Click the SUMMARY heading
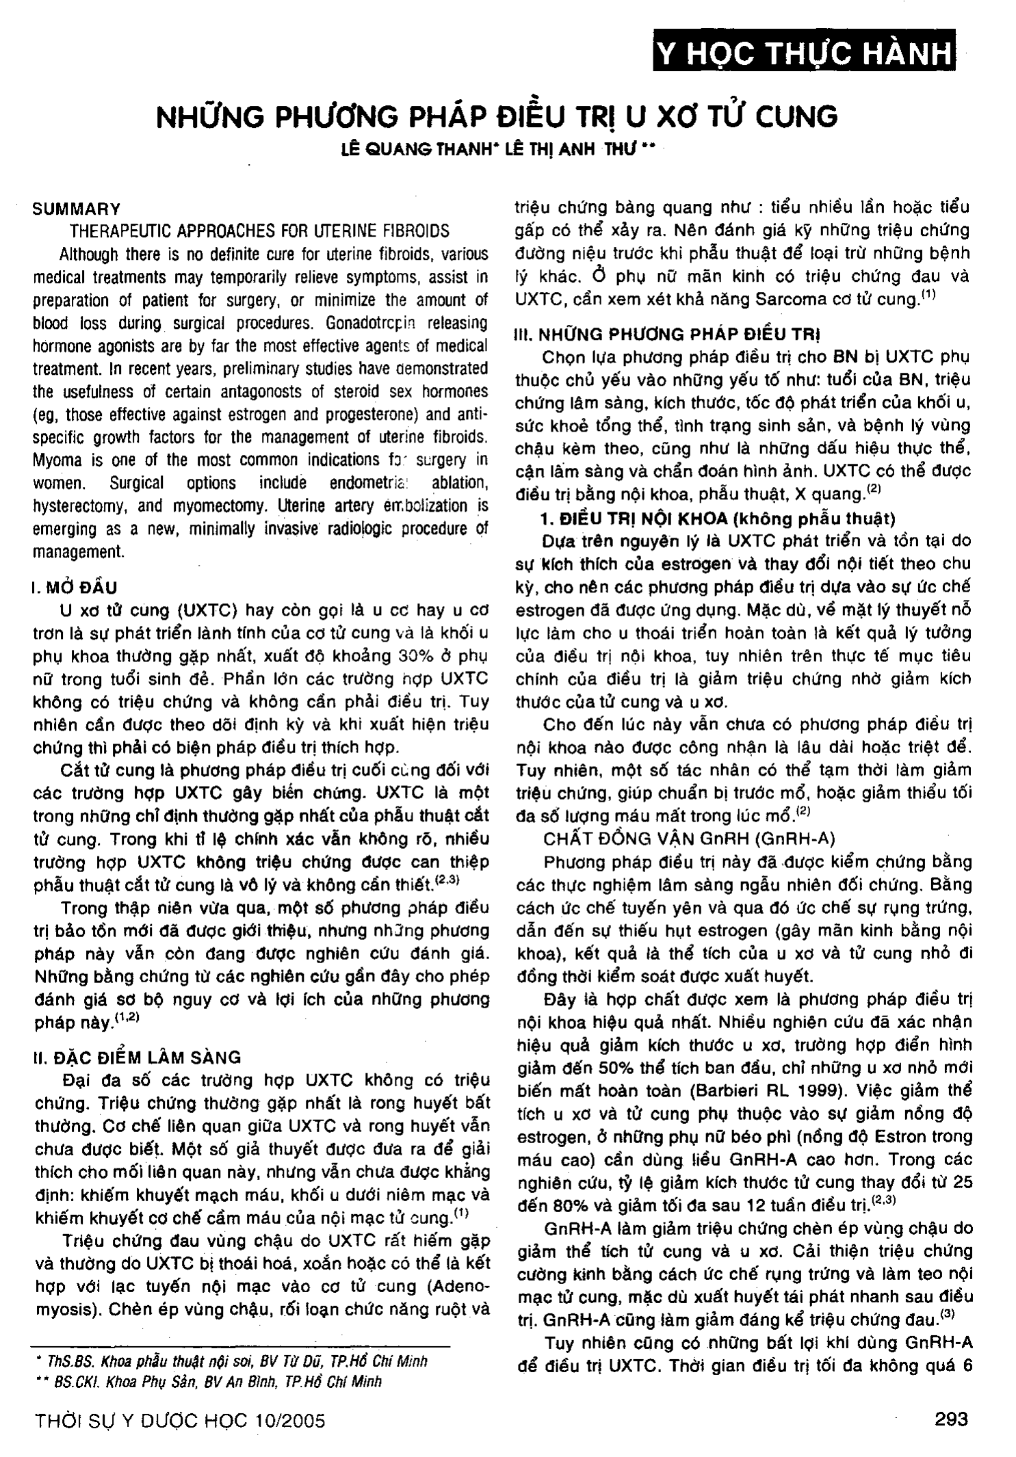click(x=76, y=209)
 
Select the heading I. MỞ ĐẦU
click(x=75, y=588)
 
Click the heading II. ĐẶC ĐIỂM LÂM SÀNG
click(x=137, y=1058)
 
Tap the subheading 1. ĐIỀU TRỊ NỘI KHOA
click(x=718, y=519)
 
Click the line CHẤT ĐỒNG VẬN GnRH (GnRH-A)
click(x=689, y=839)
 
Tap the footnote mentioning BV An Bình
click(x=209, y=1381)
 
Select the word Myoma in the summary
click(x=55, y=460)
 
